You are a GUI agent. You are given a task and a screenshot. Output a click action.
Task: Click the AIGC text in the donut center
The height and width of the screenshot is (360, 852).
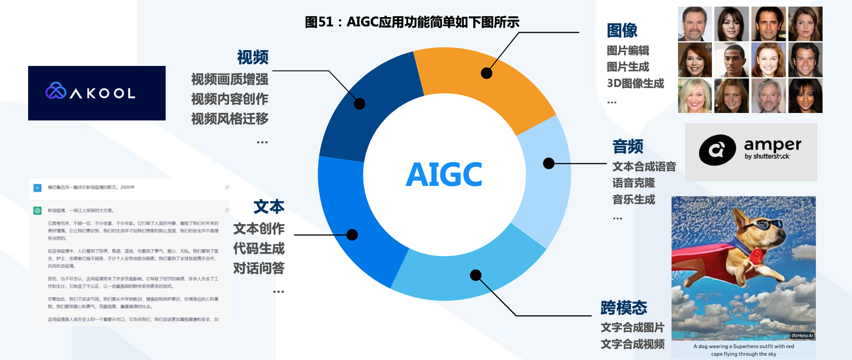[x=444, y=175]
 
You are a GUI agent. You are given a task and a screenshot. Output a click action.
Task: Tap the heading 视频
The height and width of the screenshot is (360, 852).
[x=253, y=57]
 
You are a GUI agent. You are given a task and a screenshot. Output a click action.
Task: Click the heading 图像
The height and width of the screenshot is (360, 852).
[x=622, y=31]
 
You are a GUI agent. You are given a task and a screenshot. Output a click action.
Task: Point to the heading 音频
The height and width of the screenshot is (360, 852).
[x=627, y=146]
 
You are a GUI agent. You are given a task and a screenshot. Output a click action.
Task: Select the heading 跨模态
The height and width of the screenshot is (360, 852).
[x=624, y=308]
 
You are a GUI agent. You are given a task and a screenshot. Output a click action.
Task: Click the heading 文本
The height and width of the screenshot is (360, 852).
[x=269, y=207]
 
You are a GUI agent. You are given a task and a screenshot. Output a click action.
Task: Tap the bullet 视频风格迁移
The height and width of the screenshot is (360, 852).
[x=229, y=119]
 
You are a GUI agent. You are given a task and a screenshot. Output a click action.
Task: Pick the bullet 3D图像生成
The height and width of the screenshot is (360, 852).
[x=635, y=84]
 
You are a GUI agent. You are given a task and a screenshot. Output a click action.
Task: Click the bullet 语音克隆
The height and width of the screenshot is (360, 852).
[x=633, y=183]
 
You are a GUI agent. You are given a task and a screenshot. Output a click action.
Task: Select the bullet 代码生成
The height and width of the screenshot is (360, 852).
[x=259, y=248]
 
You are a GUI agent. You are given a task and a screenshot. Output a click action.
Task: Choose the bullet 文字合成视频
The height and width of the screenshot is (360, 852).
[x=632, y=344]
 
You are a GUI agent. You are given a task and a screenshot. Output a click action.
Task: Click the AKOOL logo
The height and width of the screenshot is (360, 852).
[x=97, y=93]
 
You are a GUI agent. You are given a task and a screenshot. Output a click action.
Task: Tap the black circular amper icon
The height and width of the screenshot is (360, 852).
[x=717, y=150]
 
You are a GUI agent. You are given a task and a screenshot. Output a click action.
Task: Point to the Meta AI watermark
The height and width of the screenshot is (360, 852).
[x=802, y=335]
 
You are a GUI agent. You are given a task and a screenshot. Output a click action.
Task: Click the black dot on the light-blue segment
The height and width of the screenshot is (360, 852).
[x=548, y=164]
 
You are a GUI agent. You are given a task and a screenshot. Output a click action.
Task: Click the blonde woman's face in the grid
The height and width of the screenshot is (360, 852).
[x=695, y=96]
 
